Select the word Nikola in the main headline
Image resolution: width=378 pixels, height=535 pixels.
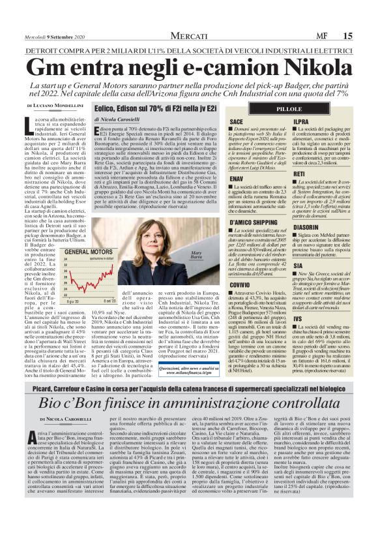point(313,68)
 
